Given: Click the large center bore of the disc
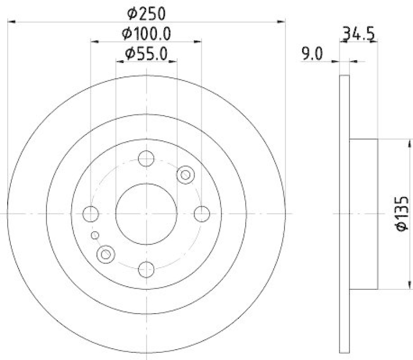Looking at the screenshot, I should pyautogui.click(x=147, y=213).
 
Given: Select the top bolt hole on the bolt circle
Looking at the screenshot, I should pyautogui.click(x=147, y=158).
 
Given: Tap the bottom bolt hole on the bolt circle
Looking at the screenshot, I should pyautogui.click(x=147, y=268).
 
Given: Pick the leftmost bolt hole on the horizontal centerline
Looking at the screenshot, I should pyautogui.click(x=91, y=213).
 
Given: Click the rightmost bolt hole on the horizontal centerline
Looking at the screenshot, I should pyautogui.click(x=202, y=213).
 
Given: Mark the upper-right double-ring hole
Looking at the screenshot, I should pyautogui.click(x=184, y=175).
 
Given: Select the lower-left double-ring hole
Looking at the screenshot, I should pyautogui.click(x=105, y=253).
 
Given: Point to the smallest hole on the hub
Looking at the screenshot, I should pyautogui.click(x=94, y=236).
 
